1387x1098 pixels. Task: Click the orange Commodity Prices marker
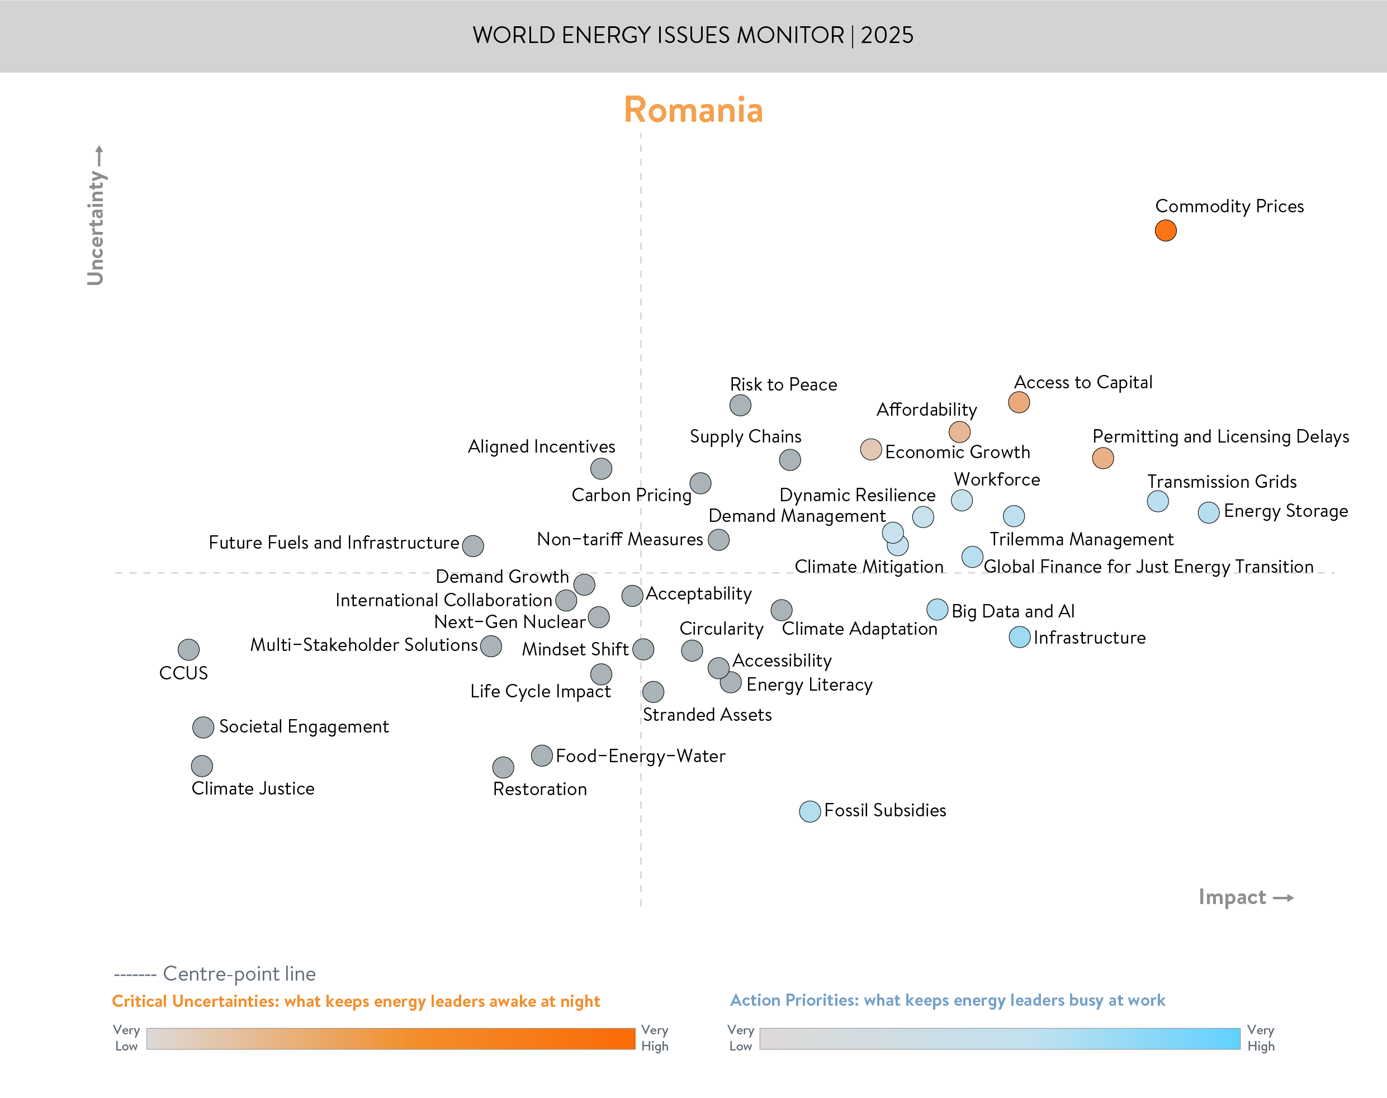[x=1165, y=230]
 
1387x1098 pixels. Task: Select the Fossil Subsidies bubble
[x=810, y=811]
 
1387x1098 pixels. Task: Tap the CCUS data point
[x=188, y=649]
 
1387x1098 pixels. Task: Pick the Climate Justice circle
[x=202, y=766]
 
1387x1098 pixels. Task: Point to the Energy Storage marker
[x=1208, y=512]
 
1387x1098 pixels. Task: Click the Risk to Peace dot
[x=740, y=405]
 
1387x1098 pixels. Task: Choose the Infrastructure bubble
[x=1019, y=637]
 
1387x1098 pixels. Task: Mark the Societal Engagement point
[x=203, y=727]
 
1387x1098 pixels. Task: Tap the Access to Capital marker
[x=1019, y=402]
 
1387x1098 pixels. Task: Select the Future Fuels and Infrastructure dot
[x=472, y=546]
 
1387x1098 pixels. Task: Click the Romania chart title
[x=693, y=110]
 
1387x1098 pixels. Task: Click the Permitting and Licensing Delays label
[x=1220, y=436]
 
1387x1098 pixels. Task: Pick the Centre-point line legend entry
[x=215, y=974]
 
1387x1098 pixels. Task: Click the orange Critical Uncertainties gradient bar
[x=390, y=1038]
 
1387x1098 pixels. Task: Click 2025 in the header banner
[x=887, y=35]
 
